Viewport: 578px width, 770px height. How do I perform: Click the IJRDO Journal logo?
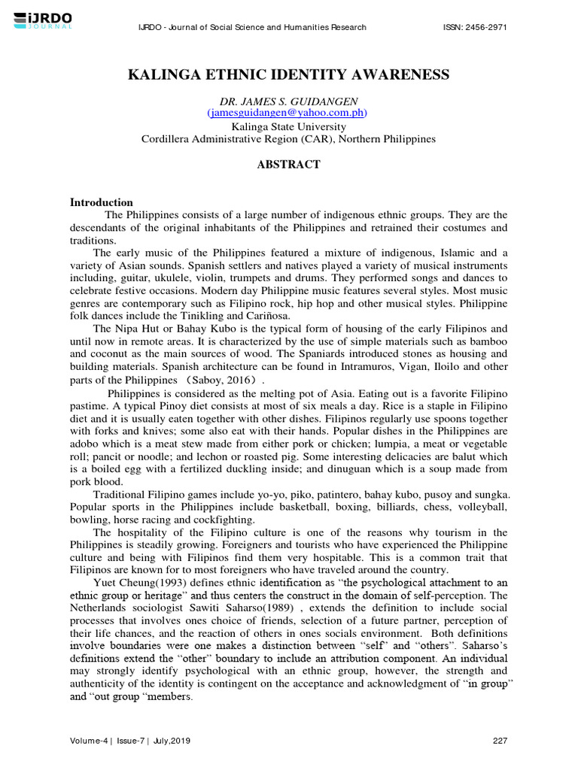[x=44, y=20]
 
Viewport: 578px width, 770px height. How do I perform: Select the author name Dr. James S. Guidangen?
[x=289, y=101]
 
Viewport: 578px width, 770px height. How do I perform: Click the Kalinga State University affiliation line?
[x=289, y=127]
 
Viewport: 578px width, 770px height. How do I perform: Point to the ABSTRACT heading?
[x=289, y=165]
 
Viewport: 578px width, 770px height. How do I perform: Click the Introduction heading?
[x=102, y=202]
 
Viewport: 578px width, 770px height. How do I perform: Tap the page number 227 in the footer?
[x=500, y=741]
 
